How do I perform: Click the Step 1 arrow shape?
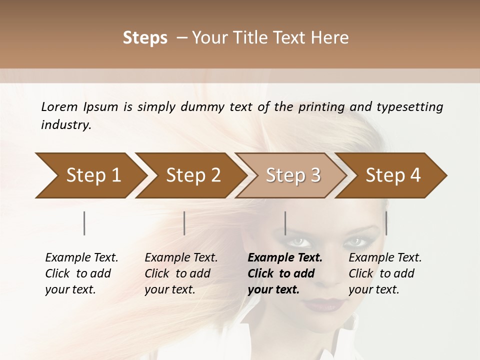90,175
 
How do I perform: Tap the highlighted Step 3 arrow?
291,175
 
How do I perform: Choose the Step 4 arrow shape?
391,175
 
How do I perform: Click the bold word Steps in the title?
145,38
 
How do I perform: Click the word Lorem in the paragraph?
59,107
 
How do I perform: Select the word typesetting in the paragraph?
409,107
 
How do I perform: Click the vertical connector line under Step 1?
84,223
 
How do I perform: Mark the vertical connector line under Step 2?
184,223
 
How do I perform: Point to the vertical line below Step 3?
285,223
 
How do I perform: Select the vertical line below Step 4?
386,223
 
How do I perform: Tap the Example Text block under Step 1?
81,273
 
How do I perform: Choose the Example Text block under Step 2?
181,273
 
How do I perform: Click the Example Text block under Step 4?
385,273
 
